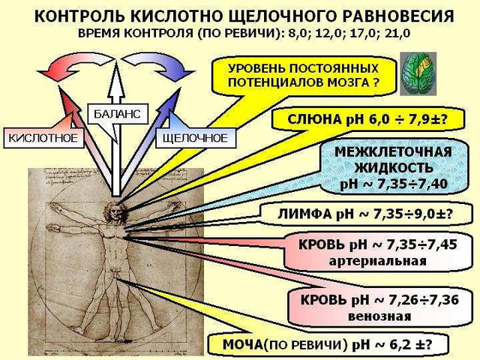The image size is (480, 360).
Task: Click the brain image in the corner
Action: point(418,73)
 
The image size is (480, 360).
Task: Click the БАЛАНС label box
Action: point(117,114)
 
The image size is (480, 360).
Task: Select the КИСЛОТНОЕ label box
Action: point(43,138)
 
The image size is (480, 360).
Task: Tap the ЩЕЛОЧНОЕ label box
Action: point(195,138)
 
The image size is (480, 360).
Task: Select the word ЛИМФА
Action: point(305,214)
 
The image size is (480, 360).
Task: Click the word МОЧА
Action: point(242,344)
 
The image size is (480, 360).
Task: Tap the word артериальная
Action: point(377,261)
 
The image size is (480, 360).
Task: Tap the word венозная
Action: point(379,316)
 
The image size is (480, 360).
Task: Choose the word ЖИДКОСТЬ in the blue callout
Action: point(394,168)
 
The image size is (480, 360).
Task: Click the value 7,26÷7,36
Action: point(423,300)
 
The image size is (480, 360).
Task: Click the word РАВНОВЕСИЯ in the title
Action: point(397,16)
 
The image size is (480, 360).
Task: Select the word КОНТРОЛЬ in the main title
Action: point(79,16)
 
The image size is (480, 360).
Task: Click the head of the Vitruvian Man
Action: point(115,211)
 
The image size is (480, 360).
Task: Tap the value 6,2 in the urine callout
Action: point(397,344)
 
